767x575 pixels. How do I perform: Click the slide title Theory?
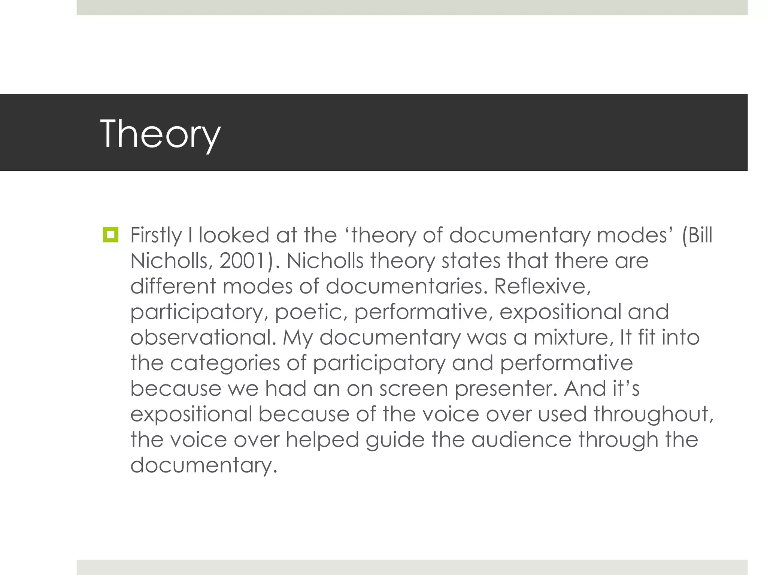click(160, 134)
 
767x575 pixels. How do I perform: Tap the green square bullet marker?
click(110, 235)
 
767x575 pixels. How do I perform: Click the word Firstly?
click(156, 236)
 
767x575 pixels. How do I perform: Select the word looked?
click(234, 235)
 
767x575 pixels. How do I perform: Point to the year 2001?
click(242, 261)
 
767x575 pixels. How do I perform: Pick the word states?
click(471, 261)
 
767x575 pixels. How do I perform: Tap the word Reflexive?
click(542, 286)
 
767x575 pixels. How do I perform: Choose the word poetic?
click(311, 312)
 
